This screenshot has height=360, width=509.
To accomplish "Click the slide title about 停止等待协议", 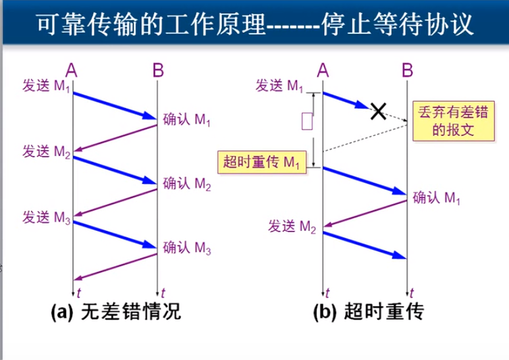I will coord(254,25).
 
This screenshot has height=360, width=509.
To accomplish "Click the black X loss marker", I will coord(379,110).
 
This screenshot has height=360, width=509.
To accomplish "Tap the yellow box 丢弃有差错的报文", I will coord(444,120).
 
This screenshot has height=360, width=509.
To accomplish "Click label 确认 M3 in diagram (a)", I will coord(187,249).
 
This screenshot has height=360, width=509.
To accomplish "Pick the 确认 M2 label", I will coord(187,184).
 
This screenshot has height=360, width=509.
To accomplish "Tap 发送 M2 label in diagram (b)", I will coord(293,226).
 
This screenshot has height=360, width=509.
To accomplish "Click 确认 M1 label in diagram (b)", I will coord(437,198).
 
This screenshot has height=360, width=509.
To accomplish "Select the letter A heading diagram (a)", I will coord(72,69).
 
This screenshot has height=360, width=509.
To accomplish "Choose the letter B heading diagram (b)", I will coord(407,69).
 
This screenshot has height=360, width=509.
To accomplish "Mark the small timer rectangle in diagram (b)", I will coord(307,121).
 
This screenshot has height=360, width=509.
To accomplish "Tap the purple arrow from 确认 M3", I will coord(115,267).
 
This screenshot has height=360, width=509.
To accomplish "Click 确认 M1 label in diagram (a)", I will coord(187,121).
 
